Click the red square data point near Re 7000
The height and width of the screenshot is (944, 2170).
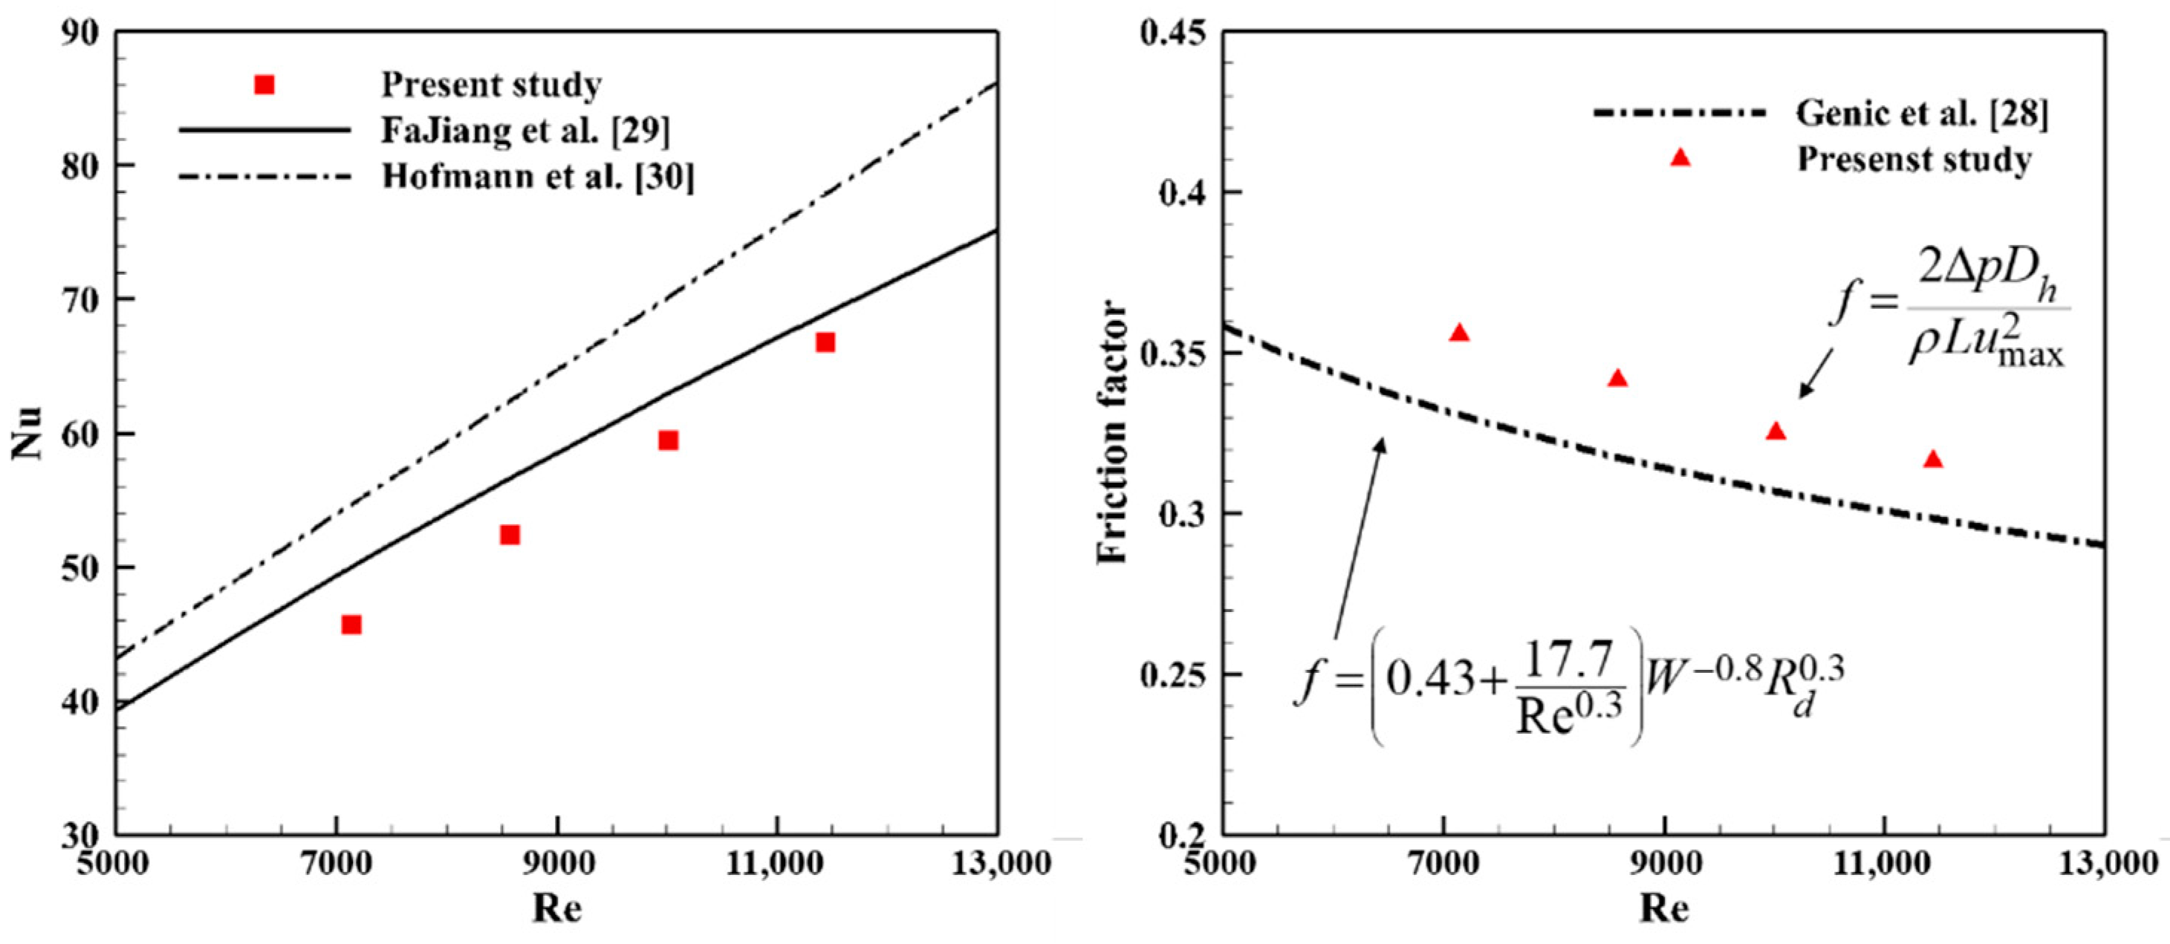(x=351, y=624)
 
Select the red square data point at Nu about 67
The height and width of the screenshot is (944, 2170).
(x=825, y=342)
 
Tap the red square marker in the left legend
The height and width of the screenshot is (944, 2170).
(x=264, y=84)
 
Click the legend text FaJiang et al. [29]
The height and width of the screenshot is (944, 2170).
(x=526, y=130)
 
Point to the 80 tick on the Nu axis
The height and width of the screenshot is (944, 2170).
(x=80, y=165)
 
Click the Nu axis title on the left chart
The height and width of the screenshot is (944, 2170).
(x=27, y=433)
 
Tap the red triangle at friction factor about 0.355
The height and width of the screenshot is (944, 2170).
(x=1460, y=333)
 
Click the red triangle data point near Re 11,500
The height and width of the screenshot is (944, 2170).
(x=1933, y=459)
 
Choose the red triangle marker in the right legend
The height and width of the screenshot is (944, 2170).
(x=1680, y=157)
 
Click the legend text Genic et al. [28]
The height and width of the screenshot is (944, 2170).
(x=1921, y=113)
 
